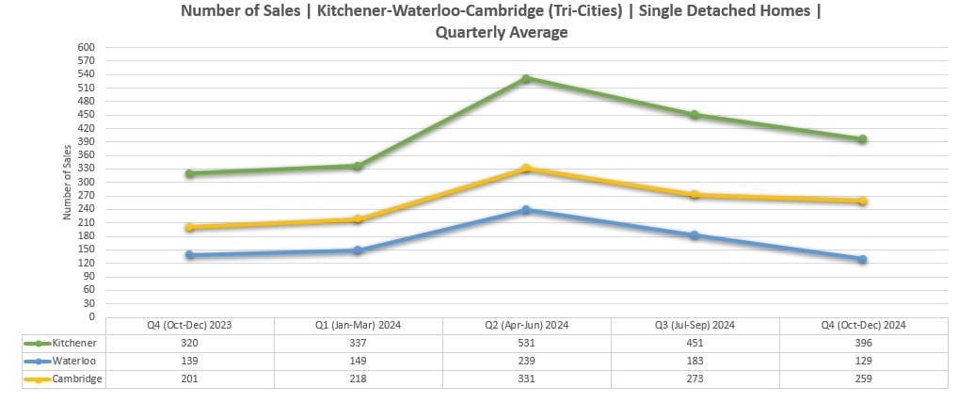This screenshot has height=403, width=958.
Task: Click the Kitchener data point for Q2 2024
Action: [x=527, y=78]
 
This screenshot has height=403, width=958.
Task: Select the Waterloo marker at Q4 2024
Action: [x=862, y=259]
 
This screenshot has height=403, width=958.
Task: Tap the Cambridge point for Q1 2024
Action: [x=358, y=219]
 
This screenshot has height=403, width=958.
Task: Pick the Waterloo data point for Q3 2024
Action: [x=695, y=234]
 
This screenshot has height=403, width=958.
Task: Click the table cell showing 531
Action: [x=527, y=343]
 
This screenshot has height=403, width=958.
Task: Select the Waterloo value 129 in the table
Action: [x=862, y=361]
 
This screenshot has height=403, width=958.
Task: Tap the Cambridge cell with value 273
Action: [x=695, y=379]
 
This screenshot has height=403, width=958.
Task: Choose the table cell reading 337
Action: [x=358, y=343]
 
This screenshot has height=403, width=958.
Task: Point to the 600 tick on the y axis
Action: [x=88, y=47]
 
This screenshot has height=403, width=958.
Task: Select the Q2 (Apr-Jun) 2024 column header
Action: [x=527, y=325]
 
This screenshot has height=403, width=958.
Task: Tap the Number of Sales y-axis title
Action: [x=67, y=182]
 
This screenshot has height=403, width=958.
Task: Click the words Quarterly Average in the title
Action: [x=502, y=32]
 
